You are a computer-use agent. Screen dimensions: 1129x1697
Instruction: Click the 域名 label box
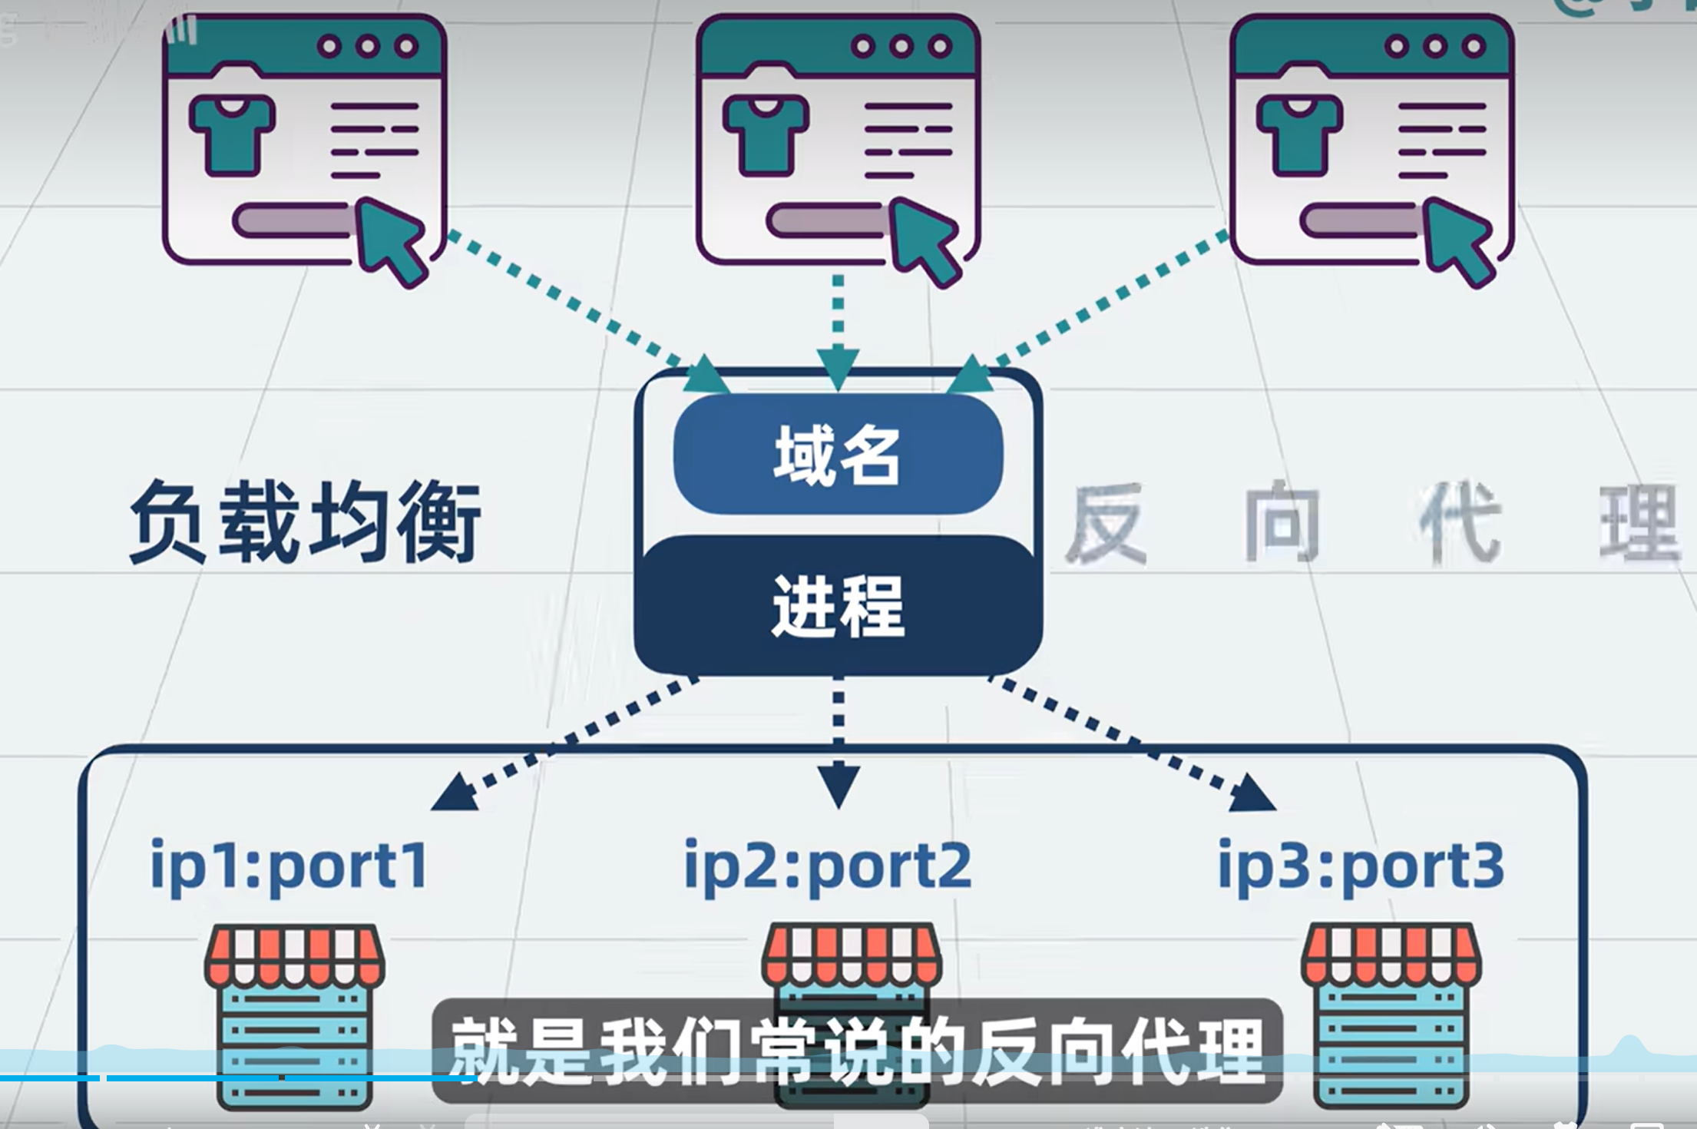point(838,454)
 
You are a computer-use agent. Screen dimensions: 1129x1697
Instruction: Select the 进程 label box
point(838,607)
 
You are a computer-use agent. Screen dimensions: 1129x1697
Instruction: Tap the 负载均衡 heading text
point(305,521)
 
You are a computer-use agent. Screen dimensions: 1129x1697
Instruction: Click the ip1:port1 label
point(289,866)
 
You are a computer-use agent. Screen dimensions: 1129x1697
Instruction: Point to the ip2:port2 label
point(828,866)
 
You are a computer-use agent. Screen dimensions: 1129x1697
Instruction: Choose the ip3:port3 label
point(1361,866)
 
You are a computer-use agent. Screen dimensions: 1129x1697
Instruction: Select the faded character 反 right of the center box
point(1106,525)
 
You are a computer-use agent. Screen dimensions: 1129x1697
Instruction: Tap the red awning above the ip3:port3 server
point(1391,956)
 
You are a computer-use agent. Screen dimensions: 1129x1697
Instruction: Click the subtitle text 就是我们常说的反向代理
point(856,1051)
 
